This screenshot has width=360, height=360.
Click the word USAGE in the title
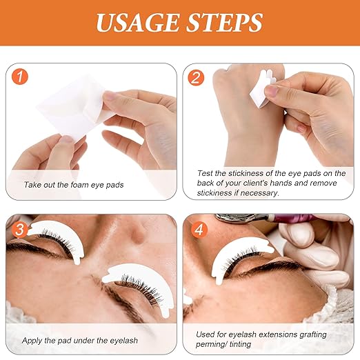pyautogui.click(x=137, y=23)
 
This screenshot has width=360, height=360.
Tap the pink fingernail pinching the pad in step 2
pyautogui.click(x=271, y=91)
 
